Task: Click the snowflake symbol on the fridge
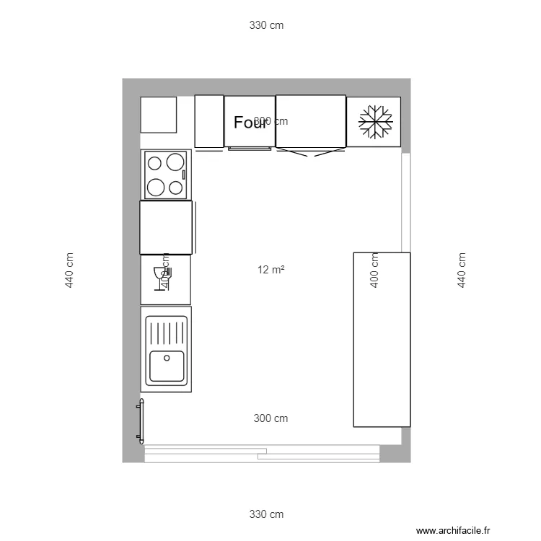coord(374,121)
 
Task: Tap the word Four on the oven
coord(250,123)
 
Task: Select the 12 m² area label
coord(270,270)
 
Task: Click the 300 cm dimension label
coord(270,418)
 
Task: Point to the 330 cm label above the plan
coord(266,25)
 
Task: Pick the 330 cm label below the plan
coord(266,514)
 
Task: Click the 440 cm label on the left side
coord(69,270)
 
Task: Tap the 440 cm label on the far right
coord(461,270)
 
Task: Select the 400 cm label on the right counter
coord(374,270)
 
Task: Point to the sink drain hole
coord(167,358)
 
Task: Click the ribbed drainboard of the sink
coord(167,333)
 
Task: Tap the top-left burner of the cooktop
coord(155,162)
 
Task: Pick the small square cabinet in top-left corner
coord(159,115)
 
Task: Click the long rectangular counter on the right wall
coord(381,339)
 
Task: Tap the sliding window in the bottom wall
coord(262,453)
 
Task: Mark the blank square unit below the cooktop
coord(166,227)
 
